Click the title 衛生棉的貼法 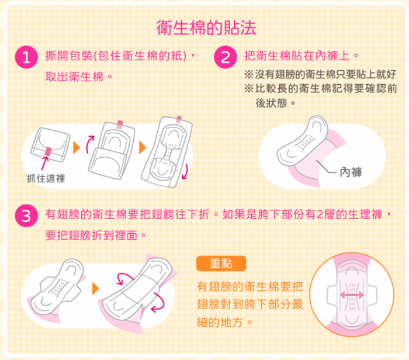[206, 27]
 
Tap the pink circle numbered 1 [26, 57]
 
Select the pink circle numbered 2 [226, 57]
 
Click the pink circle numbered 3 [26, 216]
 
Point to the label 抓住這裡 [46, 178]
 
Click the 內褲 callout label [351, 172]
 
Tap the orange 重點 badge [221, 264]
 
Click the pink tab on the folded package [48, 151]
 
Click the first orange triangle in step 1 [77, 148]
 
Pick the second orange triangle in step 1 [143, 148]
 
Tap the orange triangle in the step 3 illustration [96, 289]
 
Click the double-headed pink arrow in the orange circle [352, 295]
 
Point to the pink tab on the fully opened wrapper [179, 119]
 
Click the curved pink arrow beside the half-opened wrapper [90, 144]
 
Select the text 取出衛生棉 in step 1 [74, 77]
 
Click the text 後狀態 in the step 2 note [271, 103]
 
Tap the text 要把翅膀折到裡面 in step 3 [91, 236]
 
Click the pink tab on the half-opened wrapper [120, 124]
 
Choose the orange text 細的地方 [220, 323]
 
